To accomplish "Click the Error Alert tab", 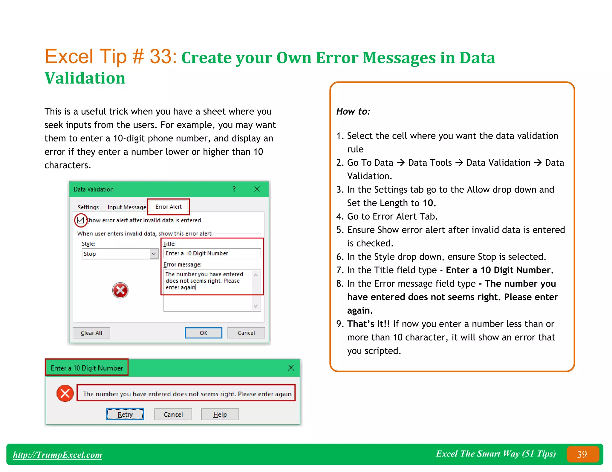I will (x=168, y=207).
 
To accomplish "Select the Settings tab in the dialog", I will (x=88, y=207).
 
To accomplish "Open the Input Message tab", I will (x=127, y=207).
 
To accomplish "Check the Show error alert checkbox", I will (x=80, y=220).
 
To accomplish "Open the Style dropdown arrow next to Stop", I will (x=154, y=254).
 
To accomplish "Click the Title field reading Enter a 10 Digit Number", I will (x=212, y=253).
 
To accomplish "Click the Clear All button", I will (x=91, y=333).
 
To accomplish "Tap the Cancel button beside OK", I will (x=246, y=333).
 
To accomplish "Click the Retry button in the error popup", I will (x=125, y=414).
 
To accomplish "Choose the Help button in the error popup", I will (x=220, y=414).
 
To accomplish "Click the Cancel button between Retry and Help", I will (x=173, y=414).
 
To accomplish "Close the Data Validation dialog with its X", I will (x=257, y=189).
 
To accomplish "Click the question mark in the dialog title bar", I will (x=234, y=189).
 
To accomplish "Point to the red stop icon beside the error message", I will (x=65, y=394).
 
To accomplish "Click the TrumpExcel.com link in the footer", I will (x=57, y=455).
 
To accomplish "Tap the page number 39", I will (x=582, y=454).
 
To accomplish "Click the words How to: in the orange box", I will (x=353, y=111).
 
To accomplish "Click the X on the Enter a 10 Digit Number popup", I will (x=291, y=368).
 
